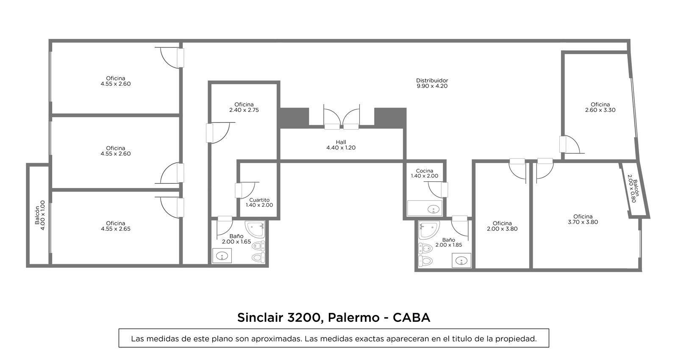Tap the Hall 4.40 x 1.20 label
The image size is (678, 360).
coord(341,145)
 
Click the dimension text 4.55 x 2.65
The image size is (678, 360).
coord(116,229)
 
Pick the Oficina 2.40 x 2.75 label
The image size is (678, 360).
coord(244,108)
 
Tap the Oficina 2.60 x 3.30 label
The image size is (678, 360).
coord(600,108)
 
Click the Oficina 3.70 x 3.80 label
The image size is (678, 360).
coord(583,219)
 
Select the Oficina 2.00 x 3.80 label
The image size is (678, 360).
coord(502,226)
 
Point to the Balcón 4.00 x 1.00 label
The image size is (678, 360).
coord(40,215)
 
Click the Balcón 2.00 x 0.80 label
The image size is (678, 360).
coord(633,188)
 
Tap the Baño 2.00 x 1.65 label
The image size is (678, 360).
coord(236,239)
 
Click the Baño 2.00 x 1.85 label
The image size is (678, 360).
coord(449,243)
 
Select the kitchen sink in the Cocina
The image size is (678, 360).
coord(434,209)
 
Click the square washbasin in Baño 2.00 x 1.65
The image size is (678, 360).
coord(222,256)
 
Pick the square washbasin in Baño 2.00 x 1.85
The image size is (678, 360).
coord(461,260)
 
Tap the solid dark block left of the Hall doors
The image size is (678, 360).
coord(294,118)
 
